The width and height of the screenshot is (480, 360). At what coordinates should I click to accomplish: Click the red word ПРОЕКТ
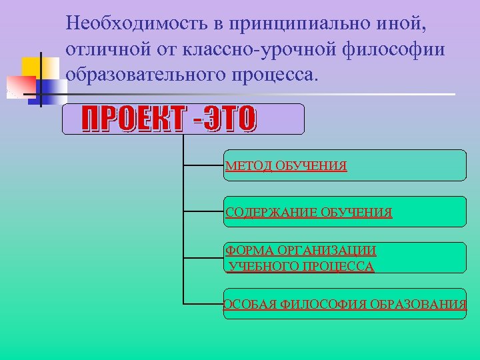tap(131, 120)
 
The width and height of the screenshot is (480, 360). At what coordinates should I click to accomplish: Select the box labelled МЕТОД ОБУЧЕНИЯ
tap(345, 165)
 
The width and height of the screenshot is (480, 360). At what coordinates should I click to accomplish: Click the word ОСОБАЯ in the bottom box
tap(250, 305)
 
